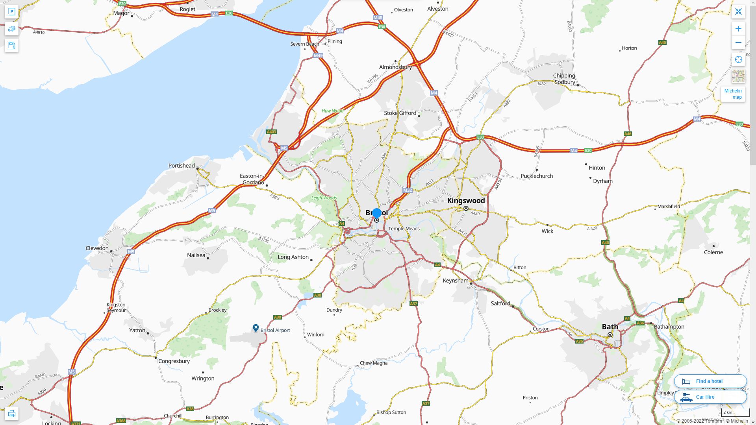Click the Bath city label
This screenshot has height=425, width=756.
610,327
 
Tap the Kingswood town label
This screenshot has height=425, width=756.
466,201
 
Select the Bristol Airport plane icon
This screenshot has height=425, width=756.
256,328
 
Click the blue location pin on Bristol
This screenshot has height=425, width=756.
377,213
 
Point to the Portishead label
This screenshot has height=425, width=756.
182,166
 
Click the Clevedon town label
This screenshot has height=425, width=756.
97,248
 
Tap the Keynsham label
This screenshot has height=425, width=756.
456,281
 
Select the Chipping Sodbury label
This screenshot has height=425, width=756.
564,79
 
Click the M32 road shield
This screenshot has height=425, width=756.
408,190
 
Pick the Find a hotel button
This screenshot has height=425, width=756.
710,381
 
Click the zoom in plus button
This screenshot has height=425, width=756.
738,29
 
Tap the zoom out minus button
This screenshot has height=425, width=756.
738,42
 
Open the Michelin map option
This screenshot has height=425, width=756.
733,94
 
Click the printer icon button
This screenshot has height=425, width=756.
12,414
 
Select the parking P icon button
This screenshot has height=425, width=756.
12,12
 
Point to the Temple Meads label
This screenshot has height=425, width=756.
404,229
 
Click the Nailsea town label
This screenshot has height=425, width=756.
196,255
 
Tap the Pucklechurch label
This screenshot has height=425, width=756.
537,176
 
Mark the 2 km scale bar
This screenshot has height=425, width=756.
735,412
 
